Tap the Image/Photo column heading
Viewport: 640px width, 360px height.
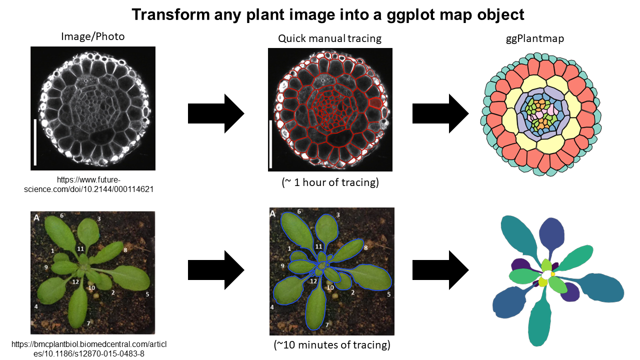point(92,36)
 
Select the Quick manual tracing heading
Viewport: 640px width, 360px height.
point(329,38)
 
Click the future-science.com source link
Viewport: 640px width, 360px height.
point(93,184)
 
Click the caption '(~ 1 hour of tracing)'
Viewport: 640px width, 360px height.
point(329,182)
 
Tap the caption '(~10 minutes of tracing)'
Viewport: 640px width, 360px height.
point(331,345)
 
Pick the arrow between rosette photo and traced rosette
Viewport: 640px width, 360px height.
point(215,271)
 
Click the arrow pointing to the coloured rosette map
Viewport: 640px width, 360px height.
point(440,271)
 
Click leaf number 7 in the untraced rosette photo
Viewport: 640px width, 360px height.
point(88,323)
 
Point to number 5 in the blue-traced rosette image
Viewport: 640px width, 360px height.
point(388,294)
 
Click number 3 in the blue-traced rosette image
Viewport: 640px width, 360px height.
point(338,215)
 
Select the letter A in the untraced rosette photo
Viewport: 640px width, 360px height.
point(36,217)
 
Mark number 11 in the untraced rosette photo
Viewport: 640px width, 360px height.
point(80,248)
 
